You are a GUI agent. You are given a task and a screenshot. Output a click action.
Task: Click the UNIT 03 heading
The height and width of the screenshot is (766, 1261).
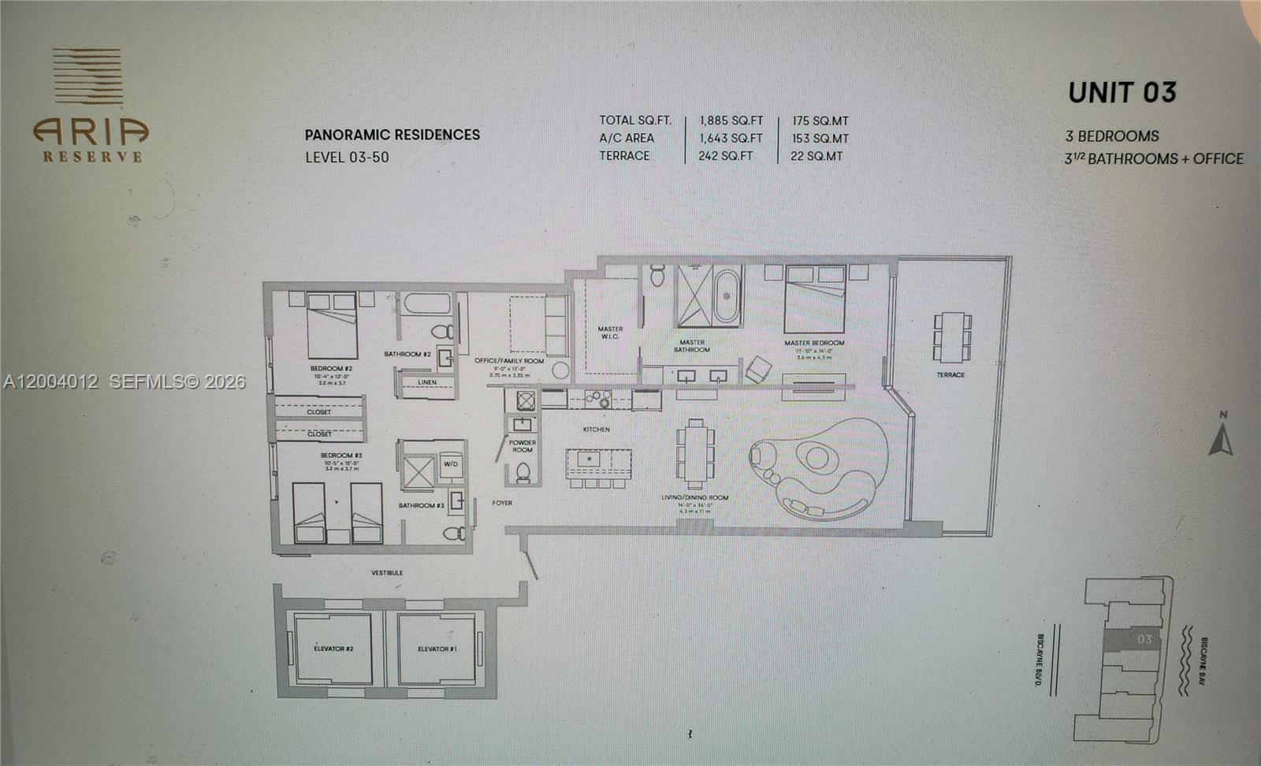click(1122, 93)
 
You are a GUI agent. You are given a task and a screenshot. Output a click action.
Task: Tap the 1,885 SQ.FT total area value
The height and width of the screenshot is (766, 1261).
click(731, 121)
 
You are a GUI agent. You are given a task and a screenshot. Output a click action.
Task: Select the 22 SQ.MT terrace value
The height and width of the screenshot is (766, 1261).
click(816, 156)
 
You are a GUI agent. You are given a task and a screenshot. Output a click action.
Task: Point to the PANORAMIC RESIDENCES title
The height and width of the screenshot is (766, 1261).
click(392, 135)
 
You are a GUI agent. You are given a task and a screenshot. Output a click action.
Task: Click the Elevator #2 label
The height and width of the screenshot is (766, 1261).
click(333, 649)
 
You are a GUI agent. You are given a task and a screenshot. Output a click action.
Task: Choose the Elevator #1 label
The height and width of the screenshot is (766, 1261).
click(437, 649)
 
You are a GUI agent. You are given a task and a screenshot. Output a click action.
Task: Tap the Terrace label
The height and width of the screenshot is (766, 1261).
click(950, 374)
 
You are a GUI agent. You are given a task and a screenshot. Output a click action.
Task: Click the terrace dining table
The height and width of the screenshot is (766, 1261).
click(952, 333)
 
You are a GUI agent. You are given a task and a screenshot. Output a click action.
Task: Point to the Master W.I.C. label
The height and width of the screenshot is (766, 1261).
click(610, 333)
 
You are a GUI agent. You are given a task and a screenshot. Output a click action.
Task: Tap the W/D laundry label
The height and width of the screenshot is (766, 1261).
click(450, 464)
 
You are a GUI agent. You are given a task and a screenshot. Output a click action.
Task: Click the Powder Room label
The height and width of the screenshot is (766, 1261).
click(522, 446)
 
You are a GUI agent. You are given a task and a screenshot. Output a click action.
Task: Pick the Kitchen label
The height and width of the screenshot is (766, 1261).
click(596, 429)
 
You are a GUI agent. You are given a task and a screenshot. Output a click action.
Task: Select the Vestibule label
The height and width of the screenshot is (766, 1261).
click(387, 572)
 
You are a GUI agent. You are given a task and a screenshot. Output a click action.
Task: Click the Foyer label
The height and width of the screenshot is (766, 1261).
click(502, 503)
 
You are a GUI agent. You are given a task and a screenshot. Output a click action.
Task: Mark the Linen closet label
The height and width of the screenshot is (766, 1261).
click(426, 382)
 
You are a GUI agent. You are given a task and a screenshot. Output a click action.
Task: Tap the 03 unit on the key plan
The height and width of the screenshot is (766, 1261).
click(1144, 639)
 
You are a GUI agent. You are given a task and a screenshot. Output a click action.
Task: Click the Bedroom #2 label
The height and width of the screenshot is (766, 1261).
click(331, 368)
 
